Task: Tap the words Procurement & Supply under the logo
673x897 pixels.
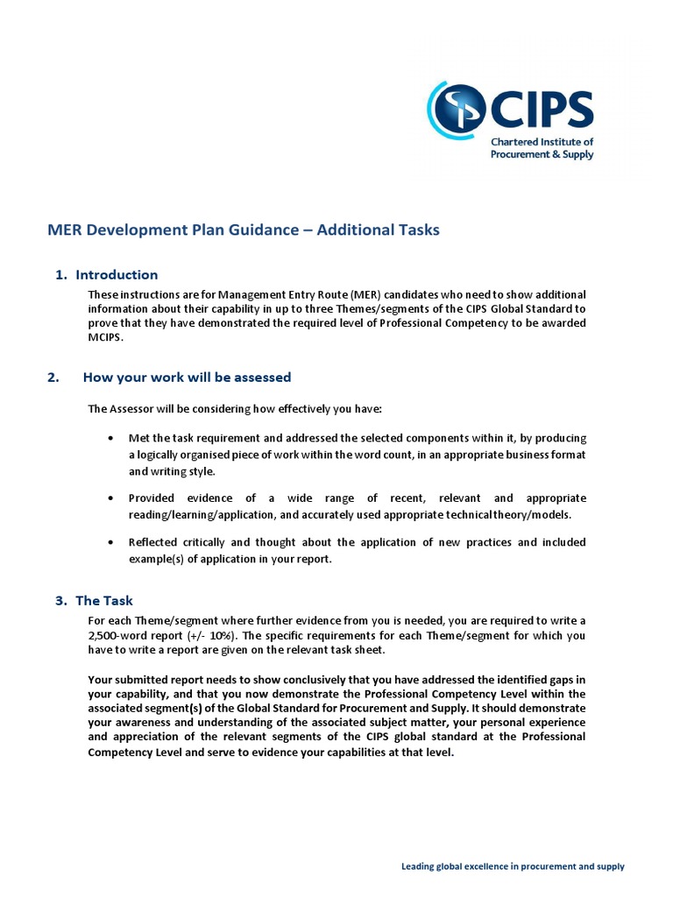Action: coord(542,154)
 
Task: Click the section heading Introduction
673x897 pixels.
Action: coord(117,275)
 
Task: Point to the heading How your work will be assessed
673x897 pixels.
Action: coord(187,378)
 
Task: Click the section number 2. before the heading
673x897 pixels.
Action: coord(54,378)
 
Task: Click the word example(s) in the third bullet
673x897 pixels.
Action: coord(154,560)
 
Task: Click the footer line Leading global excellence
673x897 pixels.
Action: coord(513,866)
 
